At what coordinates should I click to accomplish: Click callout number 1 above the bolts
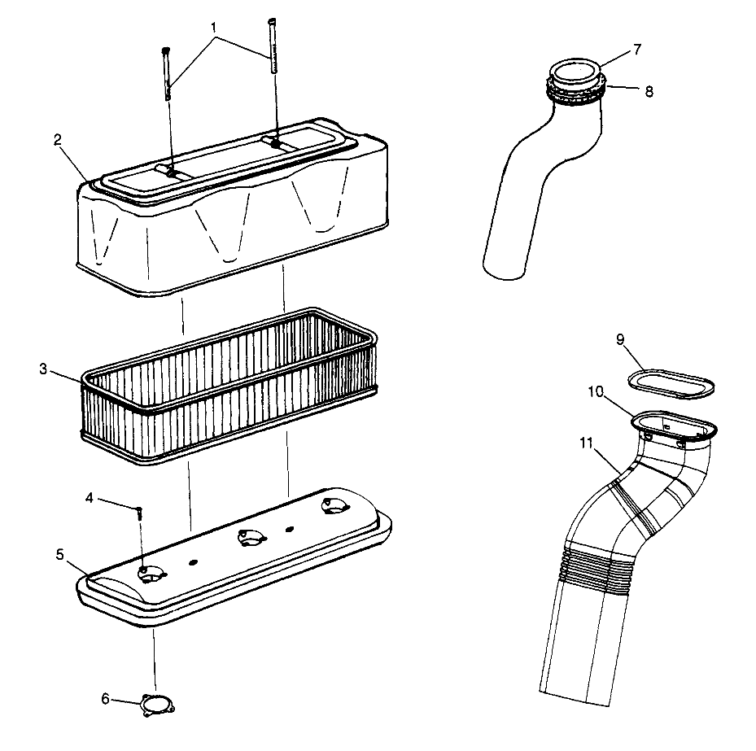pyautogui.click(x=213, y=26)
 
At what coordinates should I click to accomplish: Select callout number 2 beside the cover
pyautogui.click(x=58, y=139)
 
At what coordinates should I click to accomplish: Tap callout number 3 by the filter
pyautogui.click(x=43, y=369)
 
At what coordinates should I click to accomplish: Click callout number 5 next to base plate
pyautogui.click(x=60, y=554)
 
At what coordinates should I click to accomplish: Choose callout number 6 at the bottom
pyautogui.click(x=105, y=699)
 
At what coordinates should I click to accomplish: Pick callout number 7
pyautogui.click(x=637, y=49)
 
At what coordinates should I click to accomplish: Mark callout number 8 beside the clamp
pyautogui.click(x=648, y=91)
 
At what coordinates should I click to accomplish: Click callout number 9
pyautogui.click(x=619, y=339)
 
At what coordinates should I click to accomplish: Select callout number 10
pyautogui.click(x=594, y=392)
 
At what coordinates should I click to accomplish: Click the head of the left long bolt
pyautogui.click(x=166, y=50)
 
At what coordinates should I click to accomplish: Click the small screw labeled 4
pyautogui.click(x=140, y=513)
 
